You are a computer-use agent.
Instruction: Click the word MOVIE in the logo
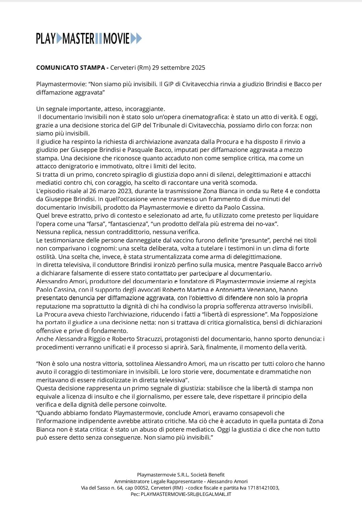116,39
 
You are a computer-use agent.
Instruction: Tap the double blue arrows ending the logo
136,39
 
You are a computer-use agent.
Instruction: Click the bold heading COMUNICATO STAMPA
70,68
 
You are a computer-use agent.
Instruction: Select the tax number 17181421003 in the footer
263,488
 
